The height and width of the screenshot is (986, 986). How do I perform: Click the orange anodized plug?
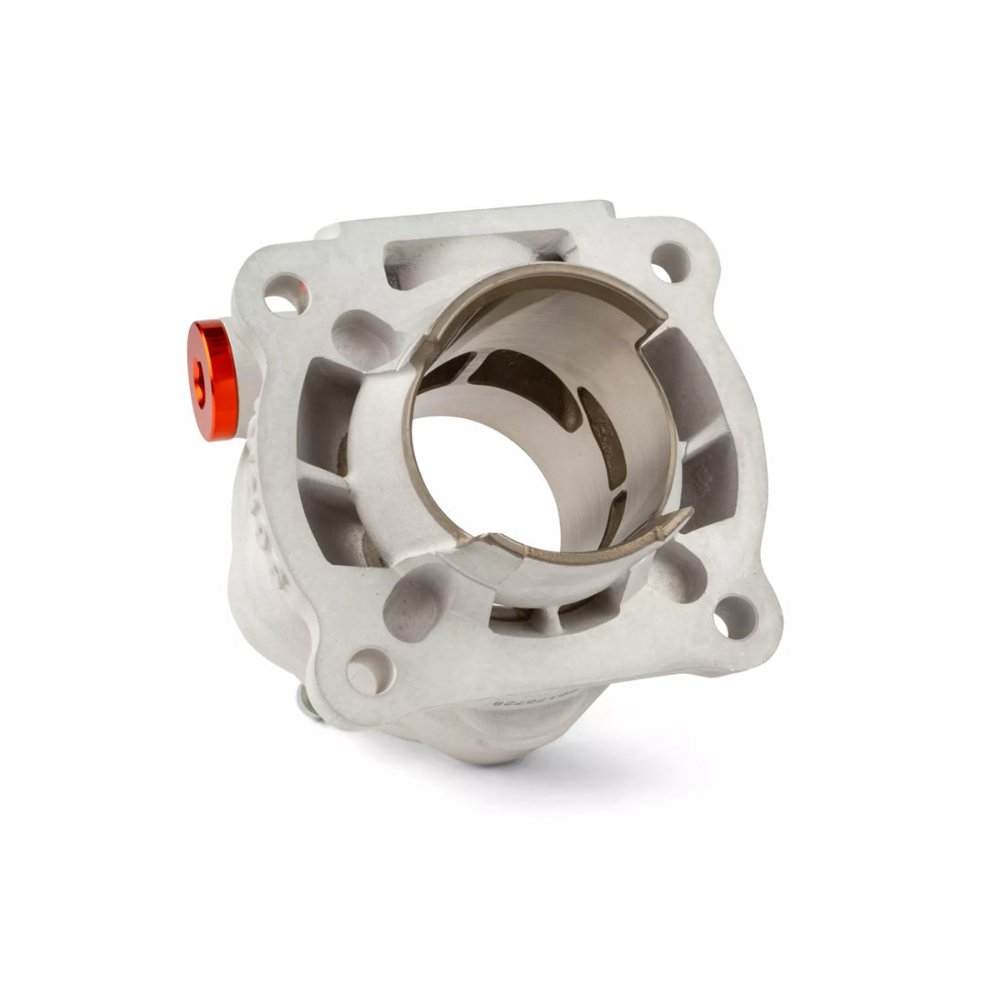pos(212,379)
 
